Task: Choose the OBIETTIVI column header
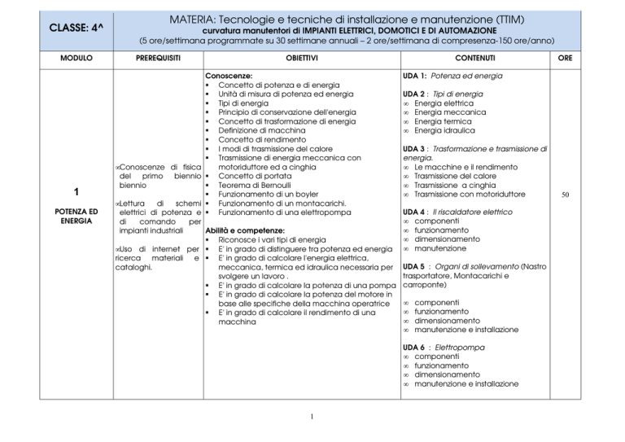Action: (x=301, y=59)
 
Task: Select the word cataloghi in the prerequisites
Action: (x=136, y=266)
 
